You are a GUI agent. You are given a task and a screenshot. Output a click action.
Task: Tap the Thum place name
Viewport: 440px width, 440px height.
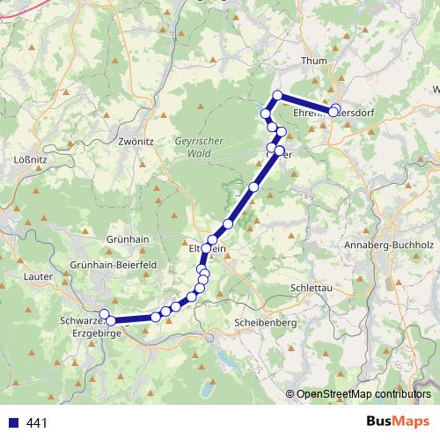313,61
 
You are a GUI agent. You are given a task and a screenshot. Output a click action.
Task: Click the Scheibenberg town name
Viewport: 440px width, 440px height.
266,322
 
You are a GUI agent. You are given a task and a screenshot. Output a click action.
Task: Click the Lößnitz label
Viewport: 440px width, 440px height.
31,160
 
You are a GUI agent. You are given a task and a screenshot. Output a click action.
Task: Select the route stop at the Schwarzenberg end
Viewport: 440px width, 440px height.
104,314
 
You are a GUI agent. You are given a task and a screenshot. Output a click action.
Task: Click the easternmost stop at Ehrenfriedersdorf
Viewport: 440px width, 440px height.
335,110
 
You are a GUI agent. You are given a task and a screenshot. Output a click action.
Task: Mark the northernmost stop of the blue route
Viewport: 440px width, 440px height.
277,95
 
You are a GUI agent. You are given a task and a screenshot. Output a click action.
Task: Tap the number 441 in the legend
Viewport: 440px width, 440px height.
37,423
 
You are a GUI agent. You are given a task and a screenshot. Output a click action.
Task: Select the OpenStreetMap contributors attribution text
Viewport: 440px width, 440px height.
363,394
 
